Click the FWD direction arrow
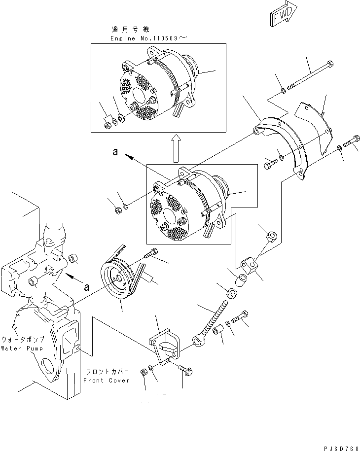(283, 13)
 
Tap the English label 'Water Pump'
(21, 348)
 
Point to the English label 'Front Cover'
(106, 381)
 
